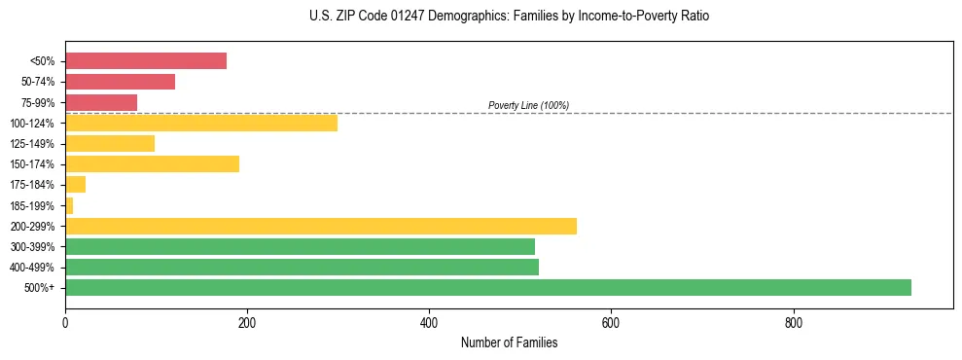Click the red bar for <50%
pyautogui.click(x=146, y=61)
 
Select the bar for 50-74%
pyautogui.click(x=120, y=82)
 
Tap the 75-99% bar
pyautogui.click(x=101, y=102)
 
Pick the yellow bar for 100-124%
pyautogui.click(x=201, y=123)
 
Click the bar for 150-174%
pyautogui.click(x=152, y=163)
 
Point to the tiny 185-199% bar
pyautogui.click(x=69, y=205)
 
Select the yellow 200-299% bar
pyautogui.click(x=321, y=226)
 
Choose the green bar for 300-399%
pyautogui.click(x=300, y=246)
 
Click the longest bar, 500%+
pyautogui.click(x=488, y=287)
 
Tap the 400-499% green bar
pyautogui.click(x=302, y=267)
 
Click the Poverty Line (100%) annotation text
pyautogui.click(x=528, y=105)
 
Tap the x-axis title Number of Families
pyautogui.click(x=509, y=343)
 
